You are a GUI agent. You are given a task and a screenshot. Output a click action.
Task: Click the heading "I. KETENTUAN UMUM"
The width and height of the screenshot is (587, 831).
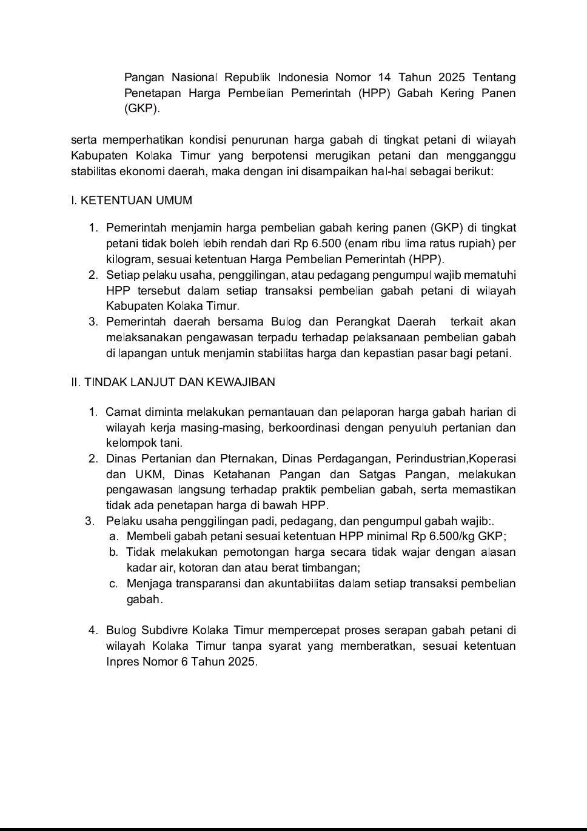pos(132,201)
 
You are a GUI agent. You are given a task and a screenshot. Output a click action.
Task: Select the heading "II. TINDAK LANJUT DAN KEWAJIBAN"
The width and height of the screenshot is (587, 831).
pos(173,382)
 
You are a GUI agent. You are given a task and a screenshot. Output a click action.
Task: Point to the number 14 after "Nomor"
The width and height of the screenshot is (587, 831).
pos(384,78)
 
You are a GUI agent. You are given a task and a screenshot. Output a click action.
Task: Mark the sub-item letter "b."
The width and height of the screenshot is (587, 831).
pos(113,552)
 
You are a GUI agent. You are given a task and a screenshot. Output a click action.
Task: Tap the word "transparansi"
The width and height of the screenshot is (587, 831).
pos(205,584)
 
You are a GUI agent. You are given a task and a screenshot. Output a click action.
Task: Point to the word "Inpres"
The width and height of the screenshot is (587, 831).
pos(122,661)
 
